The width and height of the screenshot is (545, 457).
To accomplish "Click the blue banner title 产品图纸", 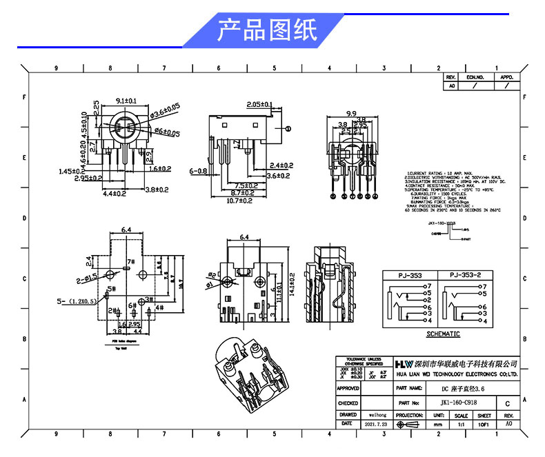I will pyautogui.click(x=267, y=30).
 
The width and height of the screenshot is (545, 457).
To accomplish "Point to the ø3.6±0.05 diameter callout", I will pyautogui.click(x=165, y=108).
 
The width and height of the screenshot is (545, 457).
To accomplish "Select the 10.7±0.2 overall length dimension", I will pyautogui.click(x=239, y=201).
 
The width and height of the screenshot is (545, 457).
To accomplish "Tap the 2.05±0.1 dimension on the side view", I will pyautogui.click(x=259, y=105).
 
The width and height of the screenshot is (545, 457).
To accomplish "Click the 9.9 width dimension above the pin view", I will pyautogui.click(x=350, y=113).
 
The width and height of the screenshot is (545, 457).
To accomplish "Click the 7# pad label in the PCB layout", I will pyautogui.click(x=130, y=261).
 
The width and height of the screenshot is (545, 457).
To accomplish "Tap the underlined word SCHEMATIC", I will pyautogui.click(x=443, y=334).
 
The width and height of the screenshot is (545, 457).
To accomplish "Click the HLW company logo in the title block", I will pyautogui.click(x=404, y=363).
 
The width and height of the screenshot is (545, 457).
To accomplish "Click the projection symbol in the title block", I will pyautogui.click(x=409, y=425).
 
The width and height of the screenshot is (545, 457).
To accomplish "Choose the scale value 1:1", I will pyautogui.click(x=461, y=425).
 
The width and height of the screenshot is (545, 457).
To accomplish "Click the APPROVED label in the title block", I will pyautogui.click(x=348, y=389).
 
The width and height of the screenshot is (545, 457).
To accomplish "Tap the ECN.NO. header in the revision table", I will pyautogui.click(x=475, y=78).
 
